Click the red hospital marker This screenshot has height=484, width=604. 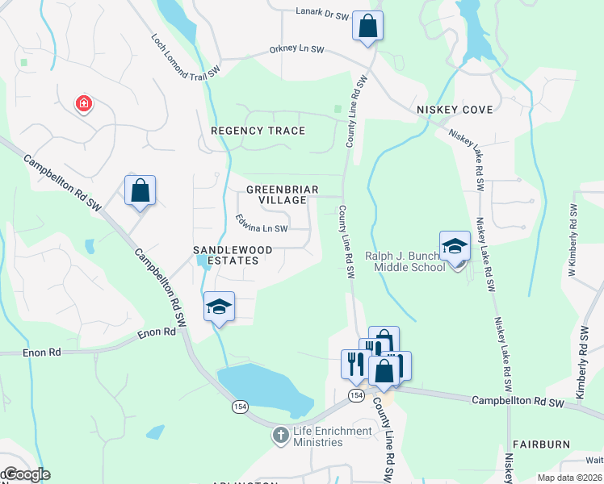click(x=82, y=103)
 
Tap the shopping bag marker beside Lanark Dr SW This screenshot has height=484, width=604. click(x=367, y=26)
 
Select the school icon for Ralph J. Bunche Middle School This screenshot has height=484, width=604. click(x=455, y=246)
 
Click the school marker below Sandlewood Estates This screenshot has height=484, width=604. click(x=219, y=307)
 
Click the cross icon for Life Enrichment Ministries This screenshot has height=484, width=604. click(x=279, y=436)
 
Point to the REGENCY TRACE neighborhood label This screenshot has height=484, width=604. click(x=258, y=131)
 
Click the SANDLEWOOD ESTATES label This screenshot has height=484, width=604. click(x=225, y=255)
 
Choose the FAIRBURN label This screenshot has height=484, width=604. click(x=540, y=444)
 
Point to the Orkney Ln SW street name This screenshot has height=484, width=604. click(x=296, y=50)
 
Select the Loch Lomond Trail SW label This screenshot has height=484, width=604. click(x=186, y=56)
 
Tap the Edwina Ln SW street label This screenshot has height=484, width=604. click(x=262, y=223)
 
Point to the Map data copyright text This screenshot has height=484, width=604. click(x=570, y=478)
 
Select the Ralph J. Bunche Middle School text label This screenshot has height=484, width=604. click(x=405, y=261)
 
